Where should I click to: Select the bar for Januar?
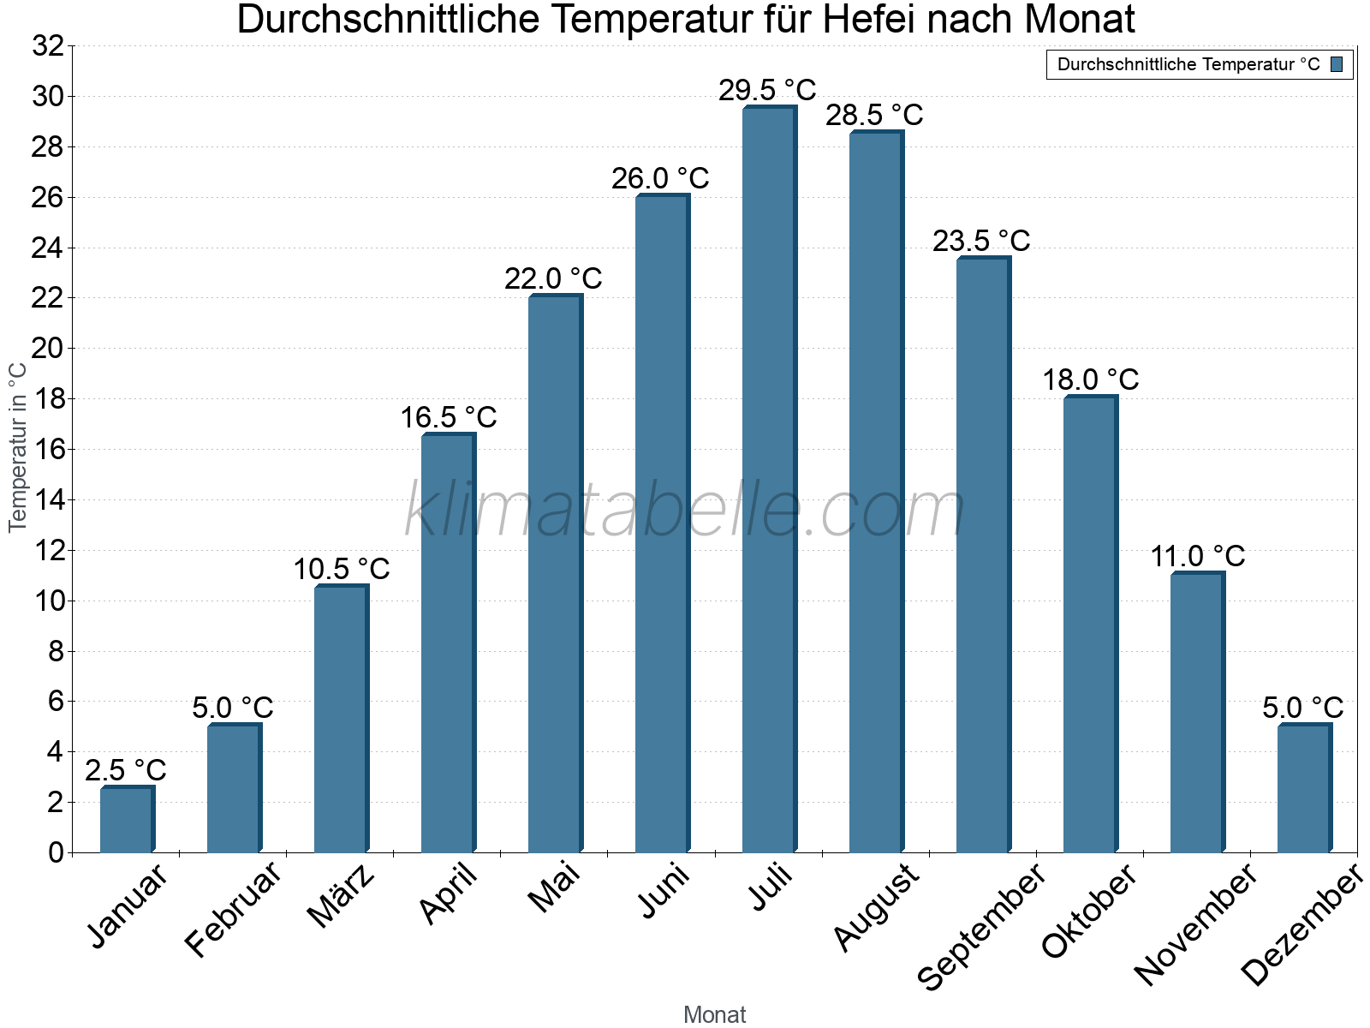(x=127, y=820)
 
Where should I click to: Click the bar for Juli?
(x=769, y=480)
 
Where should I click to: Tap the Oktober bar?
(x=1090, y=625)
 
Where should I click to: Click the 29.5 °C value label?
(x=767, y=90)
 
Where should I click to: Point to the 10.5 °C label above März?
(x=342, y=569)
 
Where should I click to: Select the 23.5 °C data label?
(x=981, y=242)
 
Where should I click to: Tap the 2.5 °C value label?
(x=126, y=770)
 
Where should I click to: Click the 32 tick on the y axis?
(x=48, y=46)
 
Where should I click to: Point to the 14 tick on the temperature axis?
(x=48, y=500)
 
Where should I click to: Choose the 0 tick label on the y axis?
(x=56, y=852)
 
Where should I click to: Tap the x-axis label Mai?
(x=555, y=888)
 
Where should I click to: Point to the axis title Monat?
(x=715, y=1015)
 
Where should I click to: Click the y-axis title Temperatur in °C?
(x=18, y=447)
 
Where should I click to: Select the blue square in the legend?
(x=1337, y=64)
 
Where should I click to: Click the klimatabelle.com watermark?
(x=685, y=511)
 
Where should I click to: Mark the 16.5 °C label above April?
(x=449, y=418)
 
